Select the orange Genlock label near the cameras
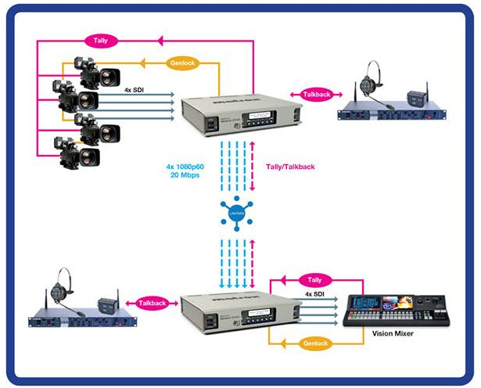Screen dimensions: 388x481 (x=181, y=63)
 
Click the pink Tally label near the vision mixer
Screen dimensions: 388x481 (x=314, y=278)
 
